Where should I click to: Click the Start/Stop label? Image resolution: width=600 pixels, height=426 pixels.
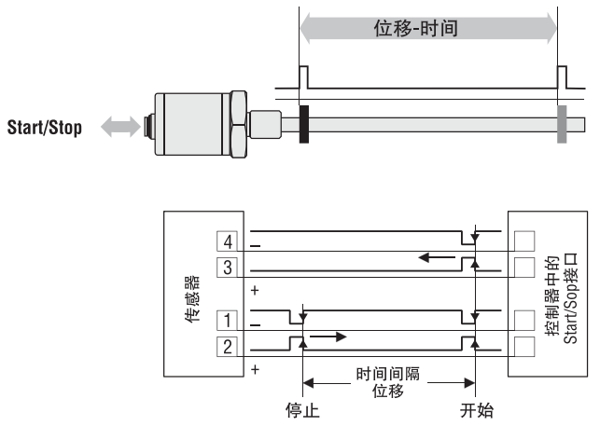[x=45, y=128]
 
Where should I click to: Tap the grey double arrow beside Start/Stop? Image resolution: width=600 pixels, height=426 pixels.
[x=120, y=127]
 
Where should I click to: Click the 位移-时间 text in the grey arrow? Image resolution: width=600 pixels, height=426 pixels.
[x=416, y=28]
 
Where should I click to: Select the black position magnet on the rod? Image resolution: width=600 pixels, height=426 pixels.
[x=304, y=125]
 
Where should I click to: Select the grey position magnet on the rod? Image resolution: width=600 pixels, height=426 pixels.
[x=562, y=125]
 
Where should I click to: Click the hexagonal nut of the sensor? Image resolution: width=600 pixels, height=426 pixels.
[x=239, y=124]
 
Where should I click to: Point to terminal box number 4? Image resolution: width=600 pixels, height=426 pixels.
[x=228, y=241]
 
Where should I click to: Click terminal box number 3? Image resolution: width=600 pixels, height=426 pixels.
[x=228, y=268]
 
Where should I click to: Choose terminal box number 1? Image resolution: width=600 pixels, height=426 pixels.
[x=228, y=321]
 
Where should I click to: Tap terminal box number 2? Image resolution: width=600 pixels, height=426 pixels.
[x=228, y=347]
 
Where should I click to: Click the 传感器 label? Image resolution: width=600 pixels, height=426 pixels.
[x=192, y=299]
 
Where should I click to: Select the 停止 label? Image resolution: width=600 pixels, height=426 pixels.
[x=302, y=410]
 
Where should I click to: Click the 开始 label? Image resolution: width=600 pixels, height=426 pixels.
[x=477, y=410]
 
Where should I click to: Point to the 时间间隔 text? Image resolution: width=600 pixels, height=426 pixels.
[x=388, y=374]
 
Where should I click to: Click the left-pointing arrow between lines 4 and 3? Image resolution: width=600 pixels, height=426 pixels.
[x=437, y=257]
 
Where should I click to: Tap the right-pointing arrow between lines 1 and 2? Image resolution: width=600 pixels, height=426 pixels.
[x=328, y=337]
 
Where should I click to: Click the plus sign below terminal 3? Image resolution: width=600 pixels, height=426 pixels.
[x=256, y=291]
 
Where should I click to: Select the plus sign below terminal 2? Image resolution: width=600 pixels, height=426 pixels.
[x=256, y=370]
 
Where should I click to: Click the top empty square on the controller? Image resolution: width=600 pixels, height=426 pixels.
[x=524, y=240]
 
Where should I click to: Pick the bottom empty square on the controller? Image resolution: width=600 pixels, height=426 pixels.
[x=524, y=347]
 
